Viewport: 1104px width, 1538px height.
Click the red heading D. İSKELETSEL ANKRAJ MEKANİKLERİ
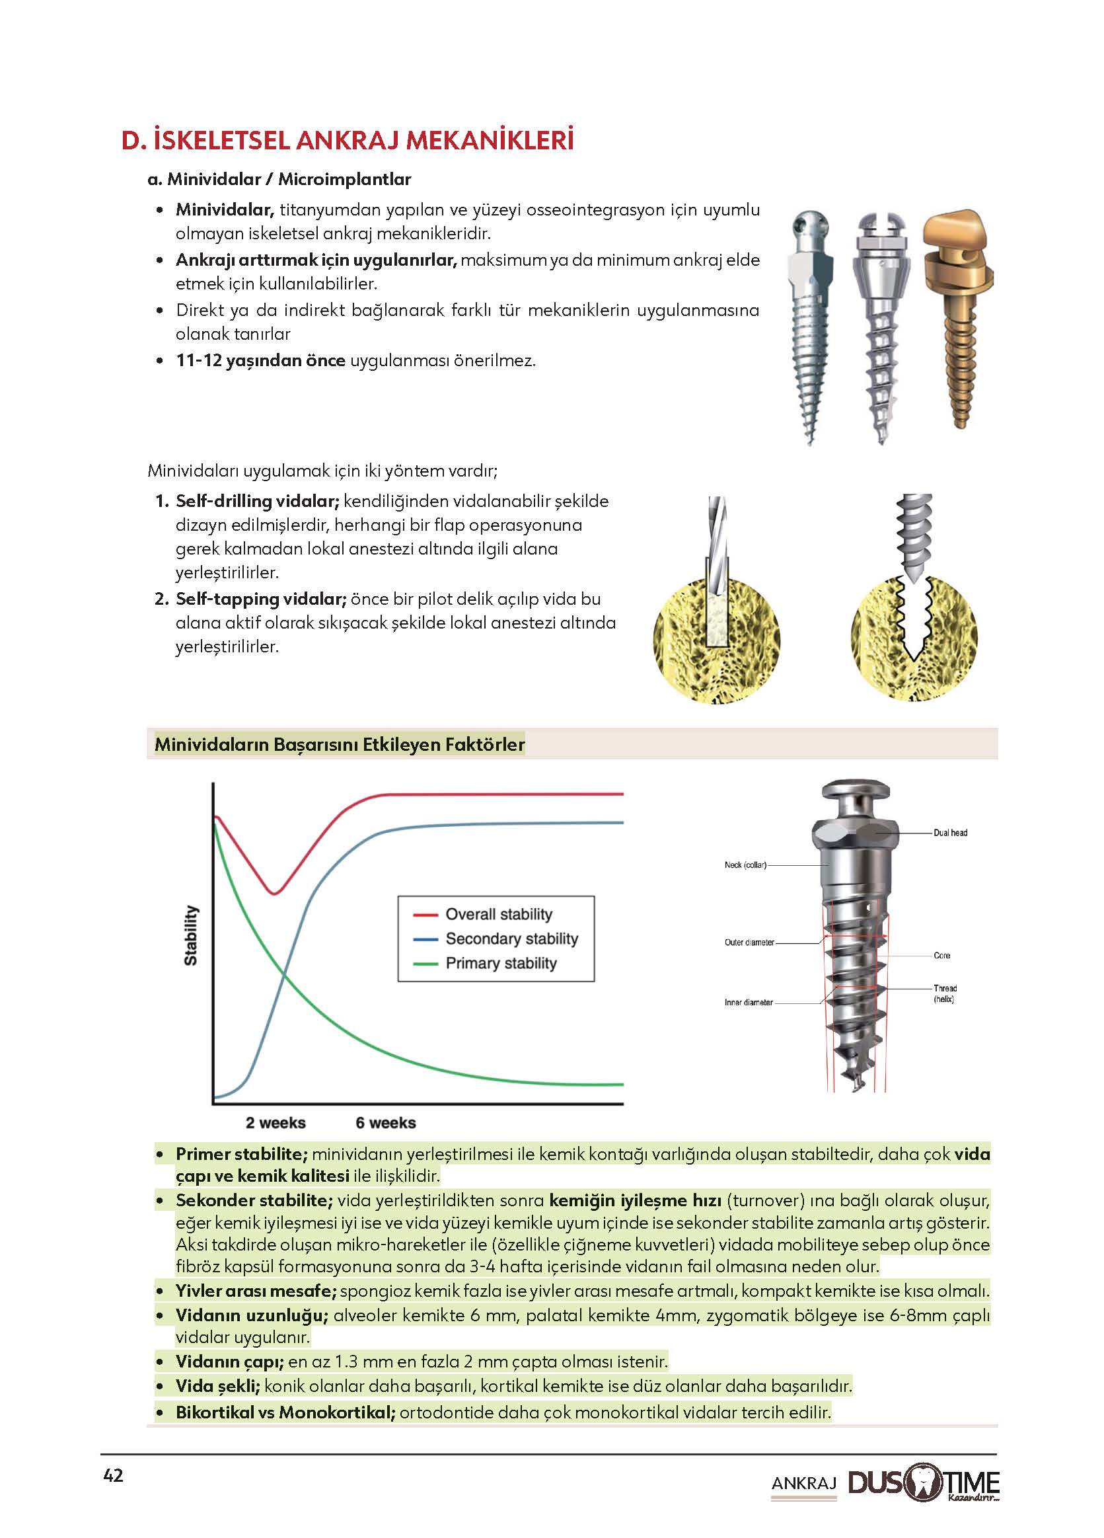tap(347, 140)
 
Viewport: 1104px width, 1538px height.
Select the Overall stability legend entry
tap(498, 914)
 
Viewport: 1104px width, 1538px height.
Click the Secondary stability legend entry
tap(511, 939)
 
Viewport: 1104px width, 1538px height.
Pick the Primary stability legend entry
tap(501, 963)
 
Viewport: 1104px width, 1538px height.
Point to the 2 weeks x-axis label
tap(275, 1123)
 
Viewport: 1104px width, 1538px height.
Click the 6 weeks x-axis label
tap(386, 1123)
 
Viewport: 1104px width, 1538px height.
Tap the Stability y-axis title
tap(192, 936)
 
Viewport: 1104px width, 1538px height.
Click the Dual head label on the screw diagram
tap(950, 833)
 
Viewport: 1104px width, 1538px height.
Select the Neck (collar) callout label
tap(745, 865)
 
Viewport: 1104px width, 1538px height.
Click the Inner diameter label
tap(749, 1002)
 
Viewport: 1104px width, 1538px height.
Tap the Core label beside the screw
tap(942, 956)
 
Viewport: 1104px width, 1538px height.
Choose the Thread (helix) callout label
tap(945, 993)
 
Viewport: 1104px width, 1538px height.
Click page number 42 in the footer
tap(113, 1476)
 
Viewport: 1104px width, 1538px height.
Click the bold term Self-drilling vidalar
tap(257, 501)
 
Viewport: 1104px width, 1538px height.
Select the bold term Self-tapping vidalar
tap(261, 599)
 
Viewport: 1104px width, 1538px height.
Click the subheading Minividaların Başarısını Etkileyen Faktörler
tap(340, 745)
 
